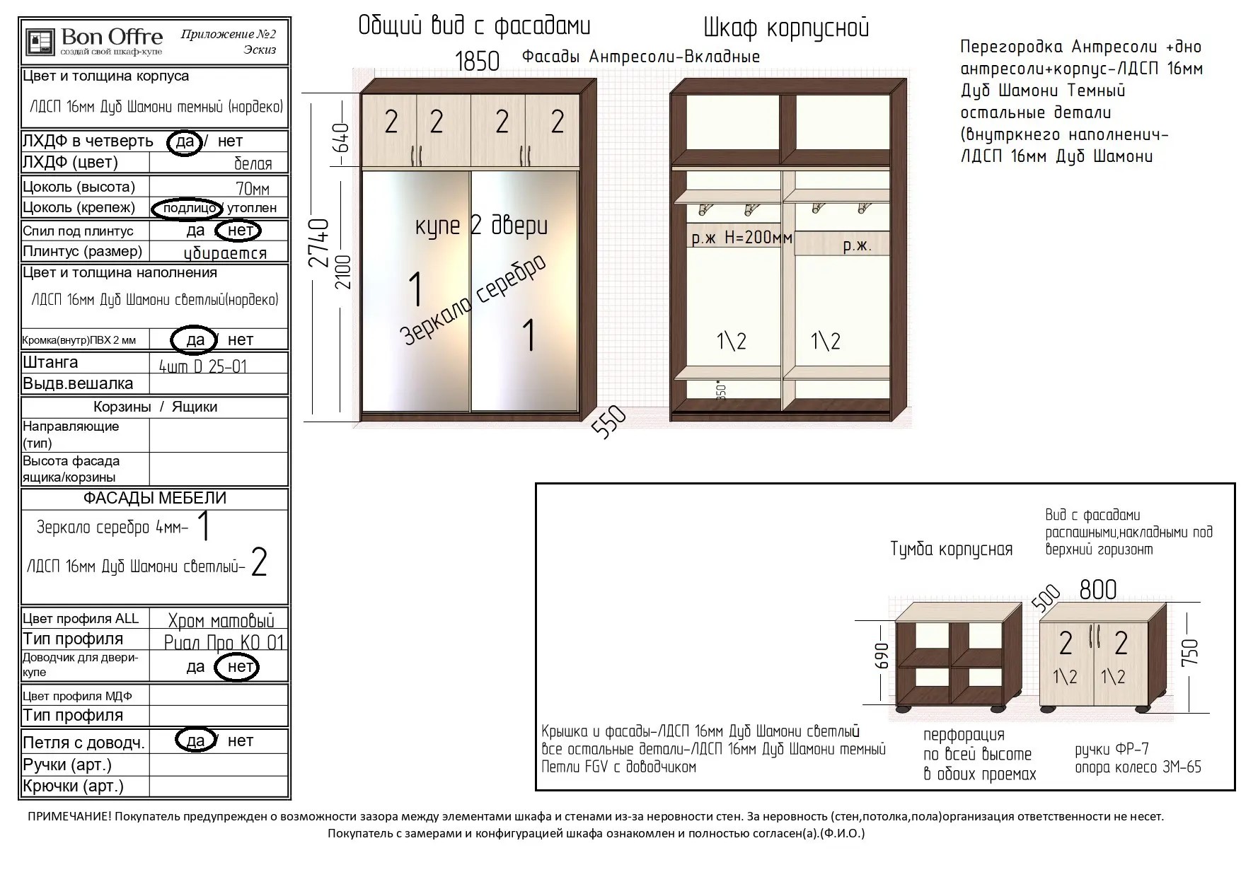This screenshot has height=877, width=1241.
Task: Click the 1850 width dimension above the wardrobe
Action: (x=477, y=62)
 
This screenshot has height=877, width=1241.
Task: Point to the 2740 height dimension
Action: (x=321, y=243)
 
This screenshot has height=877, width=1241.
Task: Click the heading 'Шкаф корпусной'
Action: (x=786, y=28)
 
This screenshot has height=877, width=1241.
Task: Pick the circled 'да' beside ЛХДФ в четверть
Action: (x=185, y=141)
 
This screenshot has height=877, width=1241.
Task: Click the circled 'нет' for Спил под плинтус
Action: (x=239, y=231)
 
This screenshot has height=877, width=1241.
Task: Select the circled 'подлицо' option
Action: (x=187, y=208)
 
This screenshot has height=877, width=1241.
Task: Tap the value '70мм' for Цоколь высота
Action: (x=253, y=189)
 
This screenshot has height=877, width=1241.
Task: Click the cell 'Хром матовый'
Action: (x=221, y=621)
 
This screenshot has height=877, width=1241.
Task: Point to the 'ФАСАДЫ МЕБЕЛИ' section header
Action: (x=155, y=498)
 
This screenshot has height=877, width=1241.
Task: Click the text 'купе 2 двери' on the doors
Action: (x=481, y=226)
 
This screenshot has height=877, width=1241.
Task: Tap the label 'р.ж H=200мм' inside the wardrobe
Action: (x=741, y=238)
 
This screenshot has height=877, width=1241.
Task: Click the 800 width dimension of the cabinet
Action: (x=1097, y=589)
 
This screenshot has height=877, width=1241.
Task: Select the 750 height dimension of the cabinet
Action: (x=1190, y=651)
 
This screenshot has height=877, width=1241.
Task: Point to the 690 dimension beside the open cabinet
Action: (x=882, y=656)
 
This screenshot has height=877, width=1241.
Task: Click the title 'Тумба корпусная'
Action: (x=951, y=550)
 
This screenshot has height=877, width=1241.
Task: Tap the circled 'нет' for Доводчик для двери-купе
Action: (x=238, y=667)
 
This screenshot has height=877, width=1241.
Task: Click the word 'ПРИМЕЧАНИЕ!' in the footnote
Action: (x=69, y=816)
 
